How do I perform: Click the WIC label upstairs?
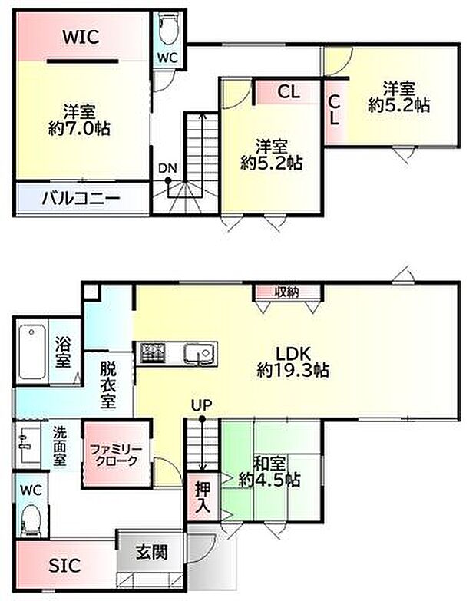(81, 37)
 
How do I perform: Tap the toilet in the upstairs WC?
(167, 28)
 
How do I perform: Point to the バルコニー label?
(81, 199)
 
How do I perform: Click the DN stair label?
(167, 168)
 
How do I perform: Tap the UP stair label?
(202, 405)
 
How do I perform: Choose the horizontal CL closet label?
(289, 91)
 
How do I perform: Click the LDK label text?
(293, 352)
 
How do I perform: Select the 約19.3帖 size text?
(293, 370)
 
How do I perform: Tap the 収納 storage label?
(287, 292)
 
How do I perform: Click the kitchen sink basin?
(199, 352)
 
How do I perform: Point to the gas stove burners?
(153, 352)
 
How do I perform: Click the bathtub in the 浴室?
(31, 352)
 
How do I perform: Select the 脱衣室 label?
(107, 385)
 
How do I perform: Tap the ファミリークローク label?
(116, 455)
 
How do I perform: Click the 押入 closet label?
(203, 497)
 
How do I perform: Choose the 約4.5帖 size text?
(269, 480)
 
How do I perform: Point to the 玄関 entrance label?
(152, 553)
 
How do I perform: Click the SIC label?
(64, 566)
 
